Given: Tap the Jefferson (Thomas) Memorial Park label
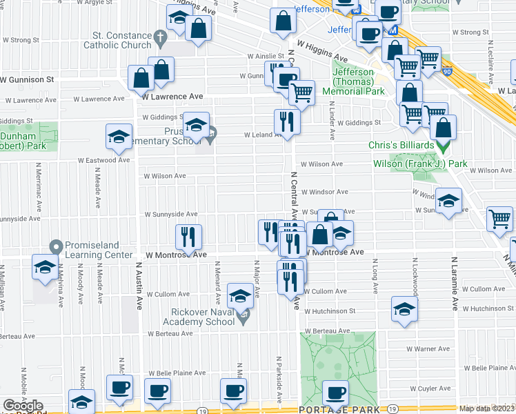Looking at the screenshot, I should [358, 81].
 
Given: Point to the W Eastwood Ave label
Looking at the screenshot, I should [104, 160].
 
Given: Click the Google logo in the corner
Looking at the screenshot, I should [23, 406].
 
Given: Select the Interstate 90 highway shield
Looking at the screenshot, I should [447, 70].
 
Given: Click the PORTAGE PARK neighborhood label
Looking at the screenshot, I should [335, 409].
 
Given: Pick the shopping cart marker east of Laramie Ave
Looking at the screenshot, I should [500, 219].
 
